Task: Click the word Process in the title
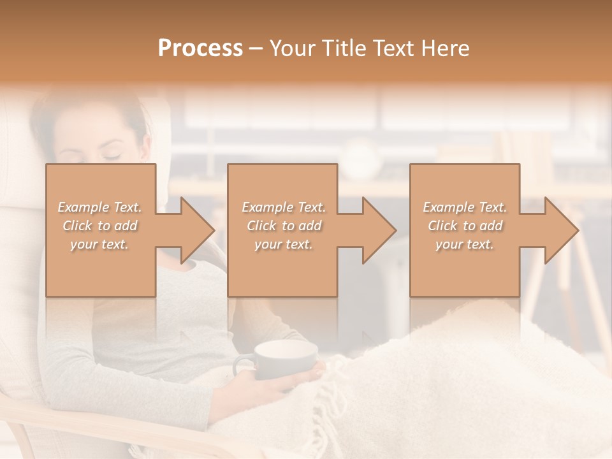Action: [x=200, y=48]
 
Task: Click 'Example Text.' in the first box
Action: [x=99, y=207]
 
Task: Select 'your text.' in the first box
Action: [x=99, y=244]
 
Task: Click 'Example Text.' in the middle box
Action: [x=284, y=207]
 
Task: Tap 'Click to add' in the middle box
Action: [x=284, y=226]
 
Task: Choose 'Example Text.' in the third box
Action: [x=465, y=207]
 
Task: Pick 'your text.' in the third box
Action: [x=465, y=244]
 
